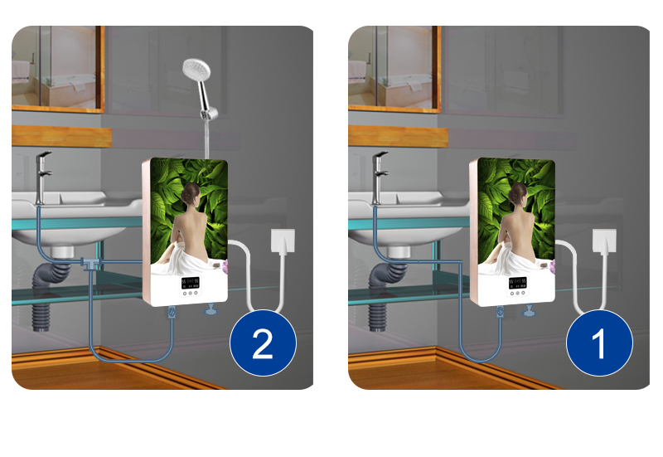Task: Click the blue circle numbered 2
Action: pyautogui.click(x=263, y=343)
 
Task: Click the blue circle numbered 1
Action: pyautogui.click(x=599, y=343)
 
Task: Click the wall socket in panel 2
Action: pyautogui.click(x=283, y=241)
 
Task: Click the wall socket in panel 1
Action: pyautogui.click(x=604, y=241)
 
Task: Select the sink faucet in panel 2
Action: pyautogui.click(x=43, y=177)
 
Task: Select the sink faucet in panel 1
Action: pyautogui.click(x=380, y=177)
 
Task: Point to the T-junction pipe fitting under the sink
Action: pyautogui.click(x=91, y=264)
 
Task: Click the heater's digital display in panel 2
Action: pyautogui.click(x=191, y=283)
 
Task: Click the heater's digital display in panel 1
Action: pyautogui.click(x=517, y=283)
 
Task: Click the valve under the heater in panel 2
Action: pyautogui.click(x=211, y=310)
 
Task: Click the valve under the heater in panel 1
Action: pyautogui.click(x=529, y=311)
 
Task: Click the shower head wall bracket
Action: pyautogui.click(x=210, y=114)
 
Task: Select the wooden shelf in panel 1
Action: pyautogui.click(x=398, y=136)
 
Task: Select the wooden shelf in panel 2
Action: pyautogui.click(x=61, y=136)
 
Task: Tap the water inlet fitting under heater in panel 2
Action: pyautogui.click(x=172, y=313)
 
